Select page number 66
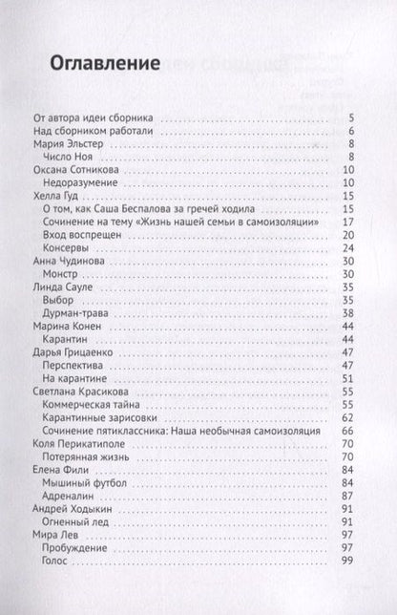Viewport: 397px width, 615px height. pos(349,432)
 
